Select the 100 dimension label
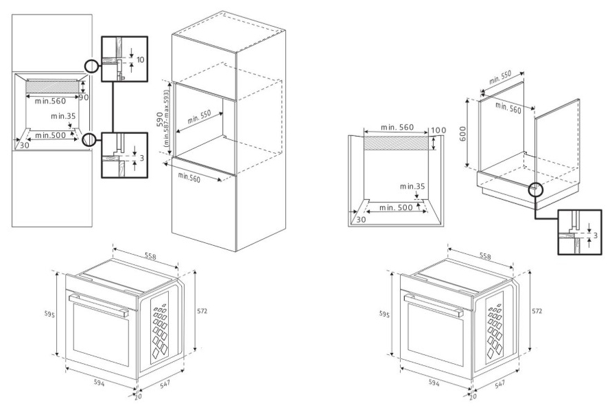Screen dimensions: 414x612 point(438,131)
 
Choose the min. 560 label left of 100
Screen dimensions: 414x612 point(388,128)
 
